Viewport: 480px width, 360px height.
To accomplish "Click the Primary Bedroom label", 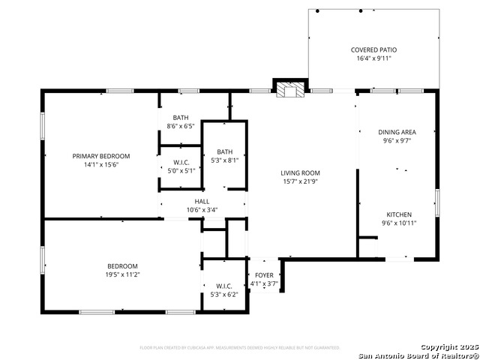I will (101, 156).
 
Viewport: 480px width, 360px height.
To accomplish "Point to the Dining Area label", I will (397, 132).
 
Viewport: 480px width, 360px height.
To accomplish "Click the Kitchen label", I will (399, 214).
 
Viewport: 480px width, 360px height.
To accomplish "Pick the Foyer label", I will (264, 275).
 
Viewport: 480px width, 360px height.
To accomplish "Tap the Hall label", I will (202, 202).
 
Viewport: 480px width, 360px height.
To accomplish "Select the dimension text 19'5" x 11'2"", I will (122, 274).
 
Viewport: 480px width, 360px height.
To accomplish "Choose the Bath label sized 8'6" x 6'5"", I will (181, 117).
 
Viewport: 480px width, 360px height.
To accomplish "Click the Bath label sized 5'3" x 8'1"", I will (225, 151).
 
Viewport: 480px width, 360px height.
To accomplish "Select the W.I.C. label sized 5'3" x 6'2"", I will (224, 286).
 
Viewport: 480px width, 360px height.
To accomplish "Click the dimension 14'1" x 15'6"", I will (101, 164).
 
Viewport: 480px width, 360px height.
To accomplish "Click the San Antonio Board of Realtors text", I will (418, 355).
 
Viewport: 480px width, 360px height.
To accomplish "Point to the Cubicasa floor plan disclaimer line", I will (240, 348).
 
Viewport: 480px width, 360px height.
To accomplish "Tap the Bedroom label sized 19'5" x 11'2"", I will (122, 266).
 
